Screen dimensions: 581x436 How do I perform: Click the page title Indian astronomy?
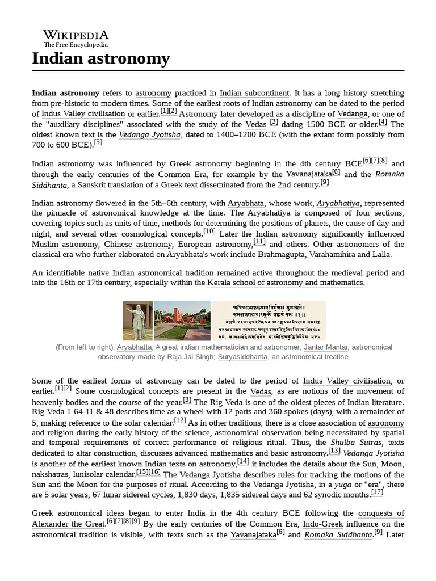coord(101,58)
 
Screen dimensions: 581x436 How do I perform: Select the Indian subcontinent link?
coord(254,93)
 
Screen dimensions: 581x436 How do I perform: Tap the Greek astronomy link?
coord(200,164)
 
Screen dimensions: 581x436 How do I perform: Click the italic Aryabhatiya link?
coord(337,203)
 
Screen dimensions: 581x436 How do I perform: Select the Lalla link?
coord(381,255)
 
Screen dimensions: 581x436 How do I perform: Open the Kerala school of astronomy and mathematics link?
coord(285,283)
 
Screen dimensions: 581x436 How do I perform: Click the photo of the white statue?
coord(137,321)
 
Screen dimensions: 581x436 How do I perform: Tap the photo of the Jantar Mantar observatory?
coord(182,321)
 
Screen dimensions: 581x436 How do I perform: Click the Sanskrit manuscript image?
coord(269,321)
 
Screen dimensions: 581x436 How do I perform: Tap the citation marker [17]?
coord(377,492)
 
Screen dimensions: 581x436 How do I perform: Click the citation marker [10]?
coord(209,231)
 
